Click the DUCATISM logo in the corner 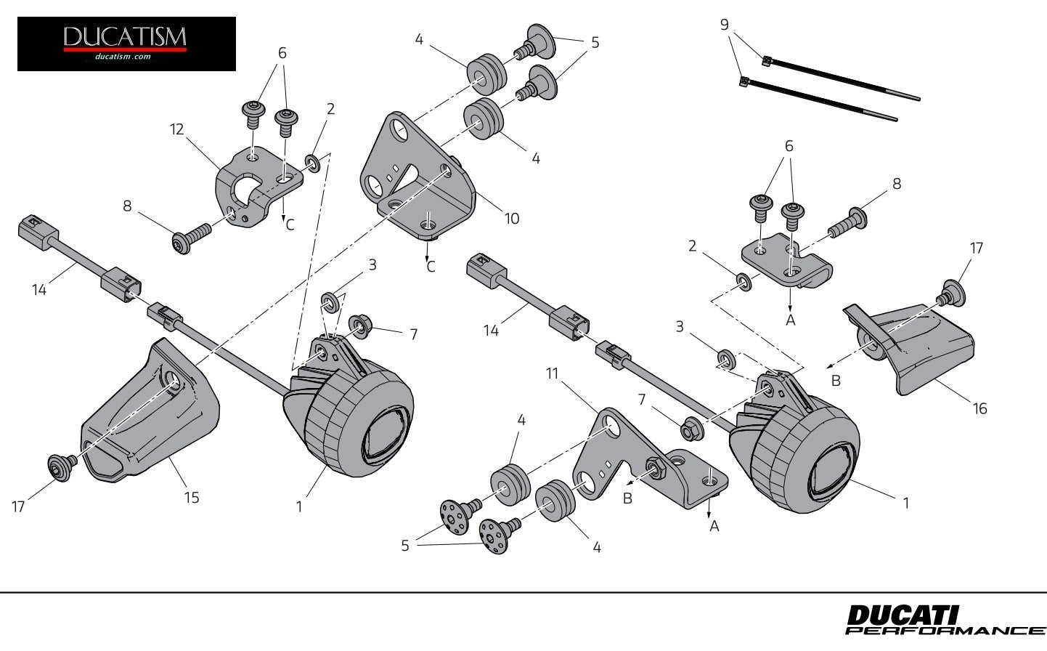pos(126,44)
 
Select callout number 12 pos(176,129)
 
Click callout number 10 pos(512,218)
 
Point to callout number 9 pos(724,24)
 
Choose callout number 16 pos(979,408)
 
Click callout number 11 pos(553,374)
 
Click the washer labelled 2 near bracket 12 pos(312,161)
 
